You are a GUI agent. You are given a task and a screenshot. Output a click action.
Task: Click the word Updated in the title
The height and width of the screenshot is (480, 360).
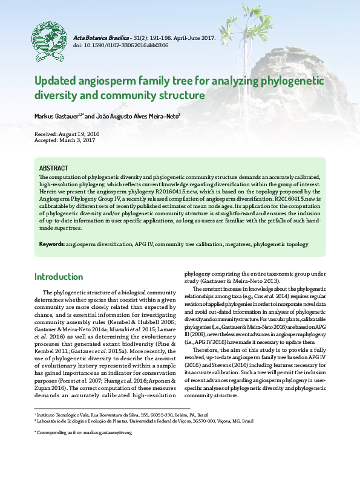(x=56, y=82)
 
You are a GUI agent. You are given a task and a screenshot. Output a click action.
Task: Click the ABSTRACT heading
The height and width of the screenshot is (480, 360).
(x=53, y=168)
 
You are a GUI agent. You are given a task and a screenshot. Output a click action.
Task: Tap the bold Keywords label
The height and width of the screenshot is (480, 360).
(x=52, y=244)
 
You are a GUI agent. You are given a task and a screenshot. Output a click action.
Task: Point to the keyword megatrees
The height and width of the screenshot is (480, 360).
(x=231, y=244)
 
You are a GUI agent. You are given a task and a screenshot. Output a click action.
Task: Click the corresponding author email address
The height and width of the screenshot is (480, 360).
(x=108, y=433)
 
